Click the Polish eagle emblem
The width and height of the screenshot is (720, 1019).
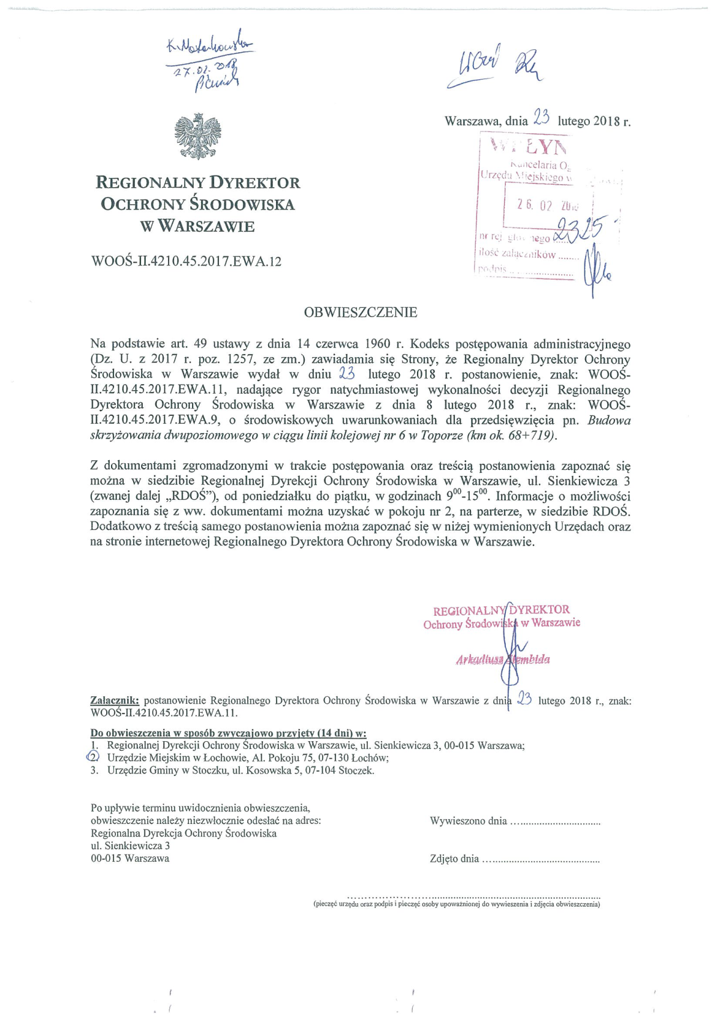pyautogui.click(x=197, y=136)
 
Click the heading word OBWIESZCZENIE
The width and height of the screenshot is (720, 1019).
pyautogui.click(x=360, y=312)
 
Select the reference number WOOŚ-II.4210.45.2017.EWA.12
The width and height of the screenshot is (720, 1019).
pyautogui.click(x=186, y=261)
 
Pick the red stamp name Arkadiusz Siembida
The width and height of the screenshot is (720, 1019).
pyautogui.click(x=503, y=660)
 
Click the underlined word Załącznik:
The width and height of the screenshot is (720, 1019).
pyautogui.click(x=115, y=700)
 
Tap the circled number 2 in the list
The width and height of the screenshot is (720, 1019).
pyautogui.click(x=94, y=757)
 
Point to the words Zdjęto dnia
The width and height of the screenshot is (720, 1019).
pyautogui.click(x=454, y=859)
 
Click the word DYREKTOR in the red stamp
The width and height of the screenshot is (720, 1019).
pyautogui.click(x=539, y=609)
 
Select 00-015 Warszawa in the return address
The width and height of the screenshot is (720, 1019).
pyautogui.click(x=130, y=858)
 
